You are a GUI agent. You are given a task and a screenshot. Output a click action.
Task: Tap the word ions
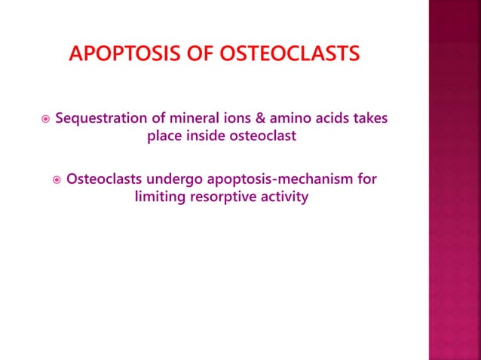point(230,118)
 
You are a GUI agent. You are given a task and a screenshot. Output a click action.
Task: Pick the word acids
point(326,118)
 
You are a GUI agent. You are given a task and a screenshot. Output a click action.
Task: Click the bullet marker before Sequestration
point(45,119)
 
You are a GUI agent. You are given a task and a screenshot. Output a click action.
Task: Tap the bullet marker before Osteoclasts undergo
point(56,180)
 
